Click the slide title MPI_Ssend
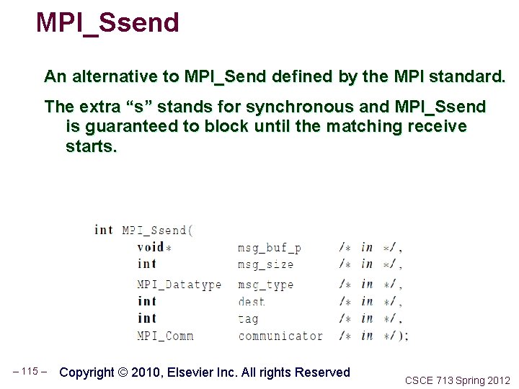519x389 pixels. [107, 23]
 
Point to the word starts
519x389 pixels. [91, 147]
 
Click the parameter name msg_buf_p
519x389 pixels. [269, 248]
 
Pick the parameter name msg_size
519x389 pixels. [265, 264]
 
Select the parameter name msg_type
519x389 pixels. [265, 285]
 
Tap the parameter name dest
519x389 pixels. [251, 302]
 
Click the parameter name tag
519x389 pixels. [247, 318]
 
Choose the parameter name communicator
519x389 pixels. [280, 336]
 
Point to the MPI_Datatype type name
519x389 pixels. [179, 285]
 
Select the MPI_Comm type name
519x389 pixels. [165, 336]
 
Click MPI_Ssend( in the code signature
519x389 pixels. [157, 231]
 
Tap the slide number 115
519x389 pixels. [30, 372]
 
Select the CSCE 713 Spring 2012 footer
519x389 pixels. [457, 380]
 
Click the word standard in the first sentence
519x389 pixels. [464, 76]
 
